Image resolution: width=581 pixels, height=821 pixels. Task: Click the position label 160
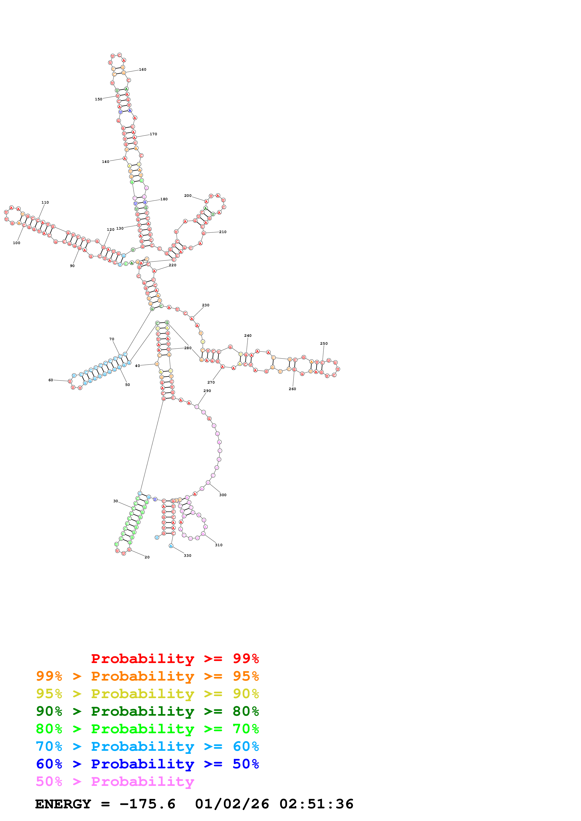point(142,70)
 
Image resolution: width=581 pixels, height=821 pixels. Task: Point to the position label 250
point(324,344)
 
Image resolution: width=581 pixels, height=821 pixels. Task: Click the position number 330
point(187,556)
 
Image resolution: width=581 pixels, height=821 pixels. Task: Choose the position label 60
point(51,380)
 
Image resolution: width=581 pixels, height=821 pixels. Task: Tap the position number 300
point(223,495)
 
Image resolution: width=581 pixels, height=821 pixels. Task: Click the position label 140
point(106,162)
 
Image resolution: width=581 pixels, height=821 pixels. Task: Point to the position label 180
point(164,199)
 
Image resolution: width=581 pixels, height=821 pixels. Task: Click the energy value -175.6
point(147,804)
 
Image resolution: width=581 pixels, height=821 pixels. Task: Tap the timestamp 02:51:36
point(316,804)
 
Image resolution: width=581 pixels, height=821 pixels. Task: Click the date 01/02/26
point(232,804)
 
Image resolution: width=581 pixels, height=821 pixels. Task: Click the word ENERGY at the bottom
point(63,804)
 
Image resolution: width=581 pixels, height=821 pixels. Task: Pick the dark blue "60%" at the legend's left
point(49,764)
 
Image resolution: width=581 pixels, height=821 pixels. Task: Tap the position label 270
point(211,383)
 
